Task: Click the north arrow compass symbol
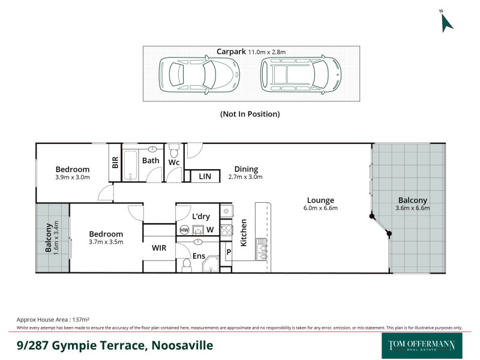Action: point(446,21)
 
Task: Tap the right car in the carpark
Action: point(301,74)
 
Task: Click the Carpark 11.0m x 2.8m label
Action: point(251,52)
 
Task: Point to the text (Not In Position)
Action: point(250,113)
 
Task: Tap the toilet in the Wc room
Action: point(174,149)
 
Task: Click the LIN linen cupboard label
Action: point(205,176)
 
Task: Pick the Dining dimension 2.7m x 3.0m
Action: point(245,177)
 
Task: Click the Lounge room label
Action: point(320,200)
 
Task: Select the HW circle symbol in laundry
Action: point(184,229)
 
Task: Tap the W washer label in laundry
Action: point(210,229)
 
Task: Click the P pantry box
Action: point(228,252)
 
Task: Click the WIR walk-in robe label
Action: point(158,247)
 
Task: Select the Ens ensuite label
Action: point(199,256)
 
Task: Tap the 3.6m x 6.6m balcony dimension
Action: point(412,209)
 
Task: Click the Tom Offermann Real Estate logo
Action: point(422,346)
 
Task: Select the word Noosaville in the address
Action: point(182,346)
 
